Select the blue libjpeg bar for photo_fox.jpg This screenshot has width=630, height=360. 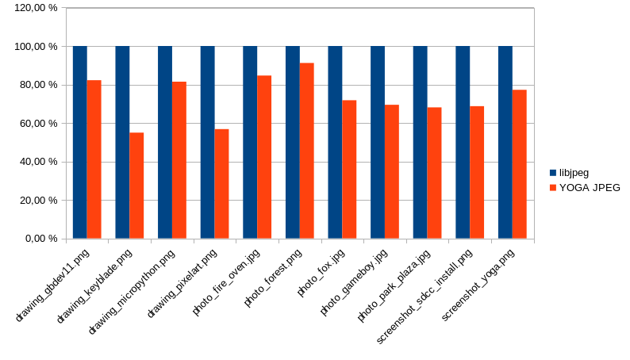(x=335, y=142)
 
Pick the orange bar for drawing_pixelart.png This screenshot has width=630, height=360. (x=221, y=183)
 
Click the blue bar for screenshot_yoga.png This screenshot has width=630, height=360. (x=505, y=142)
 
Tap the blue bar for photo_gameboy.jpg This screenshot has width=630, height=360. (x=378, y=142)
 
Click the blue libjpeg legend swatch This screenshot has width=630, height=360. (x=553, y=172)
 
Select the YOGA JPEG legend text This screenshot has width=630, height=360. (x=590, y=188)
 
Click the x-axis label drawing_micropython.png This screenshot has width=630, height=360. (x=133, y=290)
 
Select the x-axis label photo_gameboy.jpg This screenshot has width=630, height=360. (x=354, y=281)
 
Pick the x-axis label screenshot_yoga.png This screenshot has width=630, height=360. (x=478, y=284)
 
